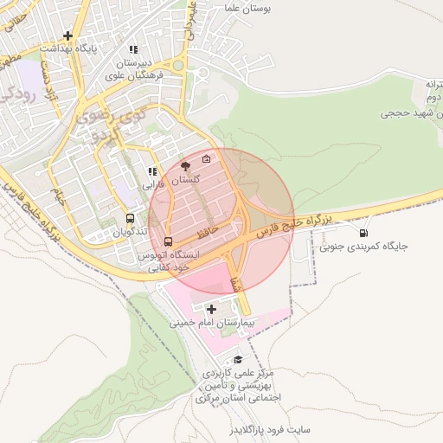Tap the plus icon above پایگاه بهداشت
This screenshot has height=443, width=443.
coord(68,35)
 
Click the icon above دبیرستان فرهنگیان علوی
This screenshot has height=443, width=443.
coord(133,50)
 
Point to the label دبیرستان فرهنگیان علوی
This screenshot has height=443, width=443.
coord(135,69)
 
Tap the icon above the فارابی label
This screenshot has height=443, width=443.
coord(153,171)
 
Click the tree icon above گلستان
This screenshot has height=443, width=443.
coord(186,165)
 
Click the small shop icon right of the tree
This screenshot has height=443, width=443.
coord(206,158)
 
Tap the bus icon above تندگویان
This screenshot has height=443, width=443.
coord(130,219)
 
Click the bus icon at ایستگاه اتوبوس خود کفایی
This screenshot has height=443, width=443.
coord(168,241)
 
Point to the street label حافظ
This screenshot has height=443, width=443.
coord(204,234)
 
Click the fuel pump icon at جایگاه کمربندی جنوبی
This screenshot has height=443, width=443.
coord(362,232)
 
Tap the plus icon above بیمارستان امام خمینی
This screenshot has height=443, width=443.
coord(211,308)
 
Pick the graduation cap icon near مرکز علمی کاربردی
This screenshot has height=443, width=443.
coord(238,359)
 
